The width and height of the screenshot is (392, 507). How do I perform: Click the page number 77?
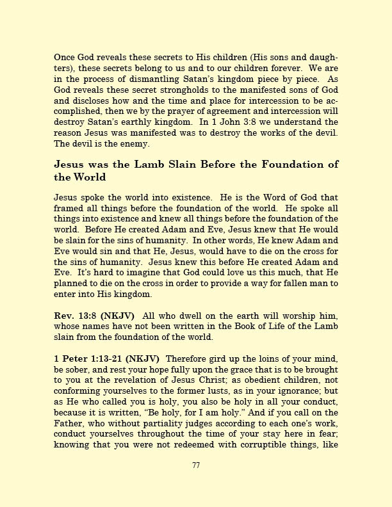[x=196, y=465]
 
